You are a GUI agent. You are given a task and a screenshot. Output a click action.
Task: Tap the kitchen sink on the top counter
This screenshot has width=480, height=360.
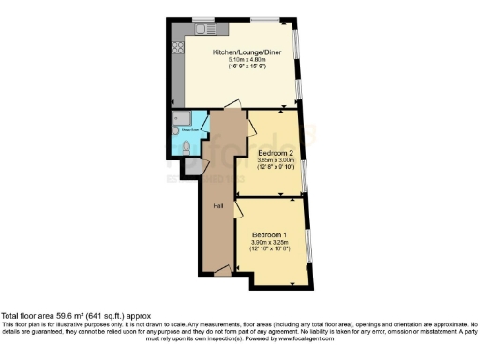pos(201,29)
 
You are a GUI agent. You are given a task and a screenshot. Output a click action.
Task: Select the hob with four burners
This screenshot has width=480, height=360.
pos(177,46)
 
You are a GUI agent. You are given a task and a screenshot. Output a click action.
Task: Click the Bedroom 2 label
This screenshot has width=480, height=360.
pos(276,151)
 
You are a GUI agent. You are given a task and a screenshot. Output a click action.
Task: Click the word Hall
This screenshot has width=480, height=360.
pos(217,205)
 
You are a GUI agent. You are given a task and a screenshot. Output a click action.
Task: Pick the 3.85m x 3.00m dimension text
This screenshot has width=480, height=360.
pos(276,159)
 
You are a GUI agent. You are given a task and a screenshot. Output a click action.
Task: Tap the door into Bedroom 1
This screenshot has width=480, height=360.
pos(243,210)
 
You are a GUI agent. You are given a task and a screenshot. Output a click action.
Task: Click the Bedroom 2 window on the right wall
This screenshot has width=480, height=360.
pos(305,173)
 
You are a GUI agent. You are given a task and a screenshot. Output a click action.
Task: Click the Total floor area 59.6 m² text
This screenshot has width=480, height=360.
pos(75,316)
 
